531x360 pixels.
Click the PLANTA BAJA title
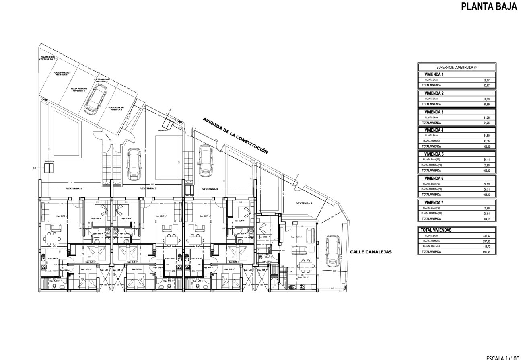(489, 7)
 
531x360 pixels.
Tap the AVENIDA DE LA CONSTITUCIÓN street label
(235, 136)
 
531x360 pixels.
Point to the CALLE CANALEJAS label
(370, 252)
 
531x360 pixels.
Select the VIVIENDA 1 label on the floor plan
(74, 189)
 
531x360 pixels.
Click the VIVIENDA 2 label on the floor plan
(148, 189)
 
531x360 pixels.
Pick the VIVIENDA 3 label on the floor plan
(210, 189)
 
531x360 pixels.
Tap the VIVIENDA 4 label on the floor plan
(305, 204)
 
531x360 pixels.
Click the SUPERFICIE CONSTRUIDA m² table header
(457, 68)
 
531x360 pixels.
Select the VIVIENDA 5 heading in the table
(434, 154)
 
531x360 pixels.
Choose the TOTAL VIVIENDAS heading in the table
(436, 230)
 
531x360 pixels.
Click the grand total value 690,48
(486, 252)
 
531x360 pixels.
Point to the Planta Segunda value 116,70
(486, 246)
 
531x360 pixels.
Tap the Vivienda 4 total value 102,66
(486, 146)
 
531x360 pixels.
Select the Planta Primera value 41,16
(487, 141)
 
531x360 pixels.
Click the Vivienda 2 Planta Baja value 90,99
(487, 99)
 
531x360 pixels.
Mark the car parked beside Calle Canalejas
(332, 251)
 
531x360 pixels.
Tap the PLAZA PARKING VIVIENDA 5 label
(62, 74)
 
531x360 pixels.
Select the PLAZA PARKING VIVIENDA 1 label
(116, 108)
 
